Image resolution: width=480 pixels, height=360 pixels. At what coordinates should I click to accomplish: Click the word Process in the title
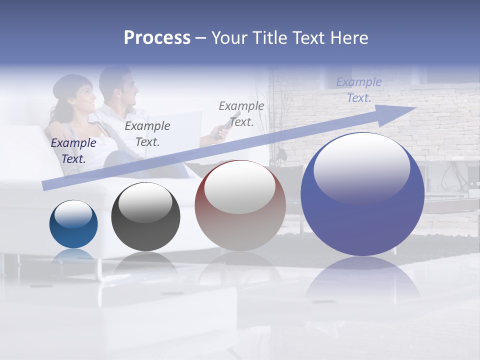tap(157, 38)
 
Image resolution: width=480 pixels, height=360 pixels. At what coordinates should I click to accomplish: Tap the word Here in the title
tap(348, 38)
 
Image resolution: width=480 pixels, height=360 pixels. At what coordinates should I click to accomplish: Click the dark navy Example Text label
tap(73, 150)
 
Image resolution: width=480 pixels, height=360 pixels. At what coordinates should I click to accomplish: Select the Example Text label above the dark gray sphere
tap(147, 133)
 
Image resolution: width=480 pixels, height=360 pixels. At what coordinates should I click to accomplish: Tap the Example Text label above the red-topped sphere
tap(241, 113)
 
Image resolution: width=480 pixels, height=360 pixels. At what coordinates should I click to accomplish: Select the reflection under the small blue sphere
tap(73, 255)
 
